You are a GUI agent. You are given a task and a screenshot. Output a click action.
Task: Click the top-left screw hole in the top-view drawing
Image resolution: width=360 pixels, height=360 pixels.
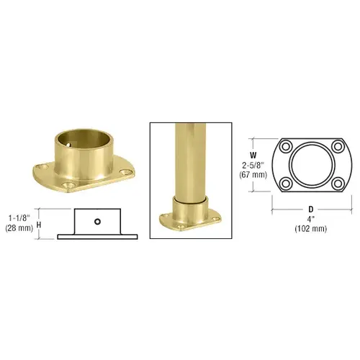[285, 151]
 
